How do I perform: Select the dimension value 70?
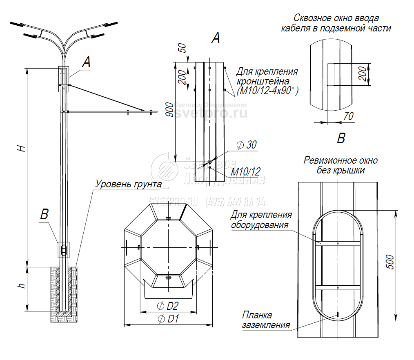348,116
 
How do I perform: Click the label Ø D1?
168,319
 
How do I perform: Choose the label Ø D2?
168,306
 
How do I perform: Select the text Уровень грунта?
128,184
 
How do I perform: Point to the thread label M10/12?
245,171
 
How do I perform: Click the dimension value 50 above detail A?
183,47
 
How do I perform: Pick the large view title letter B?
341,138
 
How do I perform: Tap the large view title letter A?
216,38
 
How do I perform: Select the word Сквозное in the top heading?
312,18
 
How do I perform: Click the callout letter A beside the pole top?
86,62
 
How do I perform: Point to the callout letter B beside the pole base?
45,214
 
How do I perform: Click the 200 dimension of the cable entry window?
362,74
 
